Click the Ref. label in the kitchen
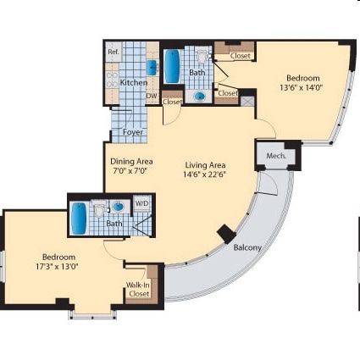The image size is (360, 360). [113, 53]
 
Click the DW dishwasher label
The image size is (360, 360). [151, 96]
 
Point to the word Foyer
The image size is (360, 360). [133, 132]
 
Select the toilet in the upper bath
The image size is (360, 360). [202, 58]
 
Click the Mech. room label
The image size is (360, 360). [275, 157]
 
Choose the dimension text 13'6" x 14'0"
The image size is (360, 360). [301, 87]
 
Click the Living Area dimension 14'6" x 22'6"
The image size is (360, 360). [204, 175]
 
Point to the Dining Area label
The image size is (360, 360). [131, 161]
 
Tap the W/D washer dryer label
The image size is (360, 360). [141, 203]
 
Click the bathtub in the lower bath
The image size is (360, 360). [79, 219]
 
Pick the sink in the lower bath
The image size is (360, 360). [119, 206]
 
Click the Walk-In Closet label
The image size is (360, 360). [139, 290]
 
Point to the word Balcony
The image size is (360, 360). [247, 248]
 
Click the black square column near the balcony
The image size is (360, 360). [226, 233]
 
